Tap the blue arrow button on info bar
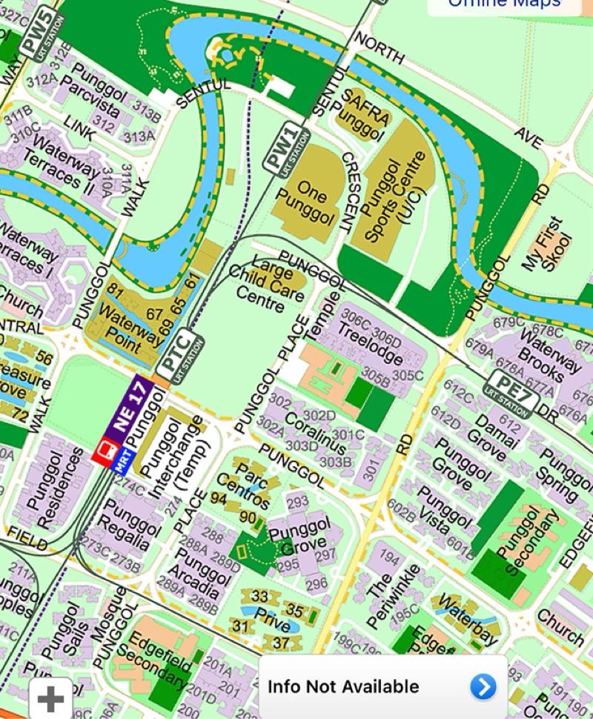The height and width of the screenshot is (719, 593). [483, 687]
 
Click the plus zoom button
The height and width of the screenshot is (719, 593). [50, 699]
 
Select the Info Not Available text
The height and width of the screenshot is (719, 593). [343, 687]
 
